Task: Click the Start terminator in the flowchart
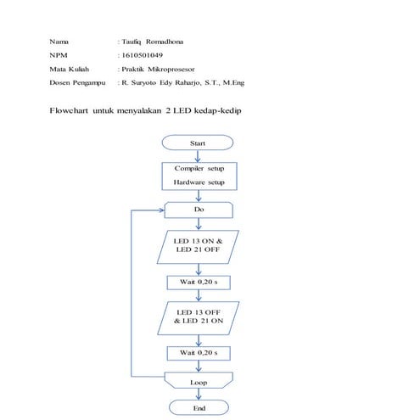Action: click(x=199, y=144)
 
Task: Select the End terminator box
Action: click(x=199, y=408)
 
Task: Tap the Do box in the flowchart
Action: click(x=199, y=208)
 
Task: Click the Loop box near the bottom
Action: click(x=199, y=383)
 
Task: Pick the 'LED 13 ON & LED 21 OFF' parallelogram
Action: click(x=199, y=245)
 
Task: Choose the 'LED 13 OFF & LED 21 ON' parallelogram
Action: click(x=199, y=317)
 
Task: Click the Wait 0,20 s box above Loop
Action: click(x=199, y=351)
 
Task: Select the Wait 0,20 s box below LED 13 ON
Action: click(x=199, y=279)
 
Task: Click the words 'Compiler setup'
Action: click(x=199, y=169)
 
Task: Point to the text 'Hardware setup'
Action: click(x=199, y=182)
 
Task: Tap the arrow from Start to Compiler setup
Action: click(x=199, y=154)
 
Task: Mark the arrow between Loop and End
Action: click(x=199, y=395)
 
